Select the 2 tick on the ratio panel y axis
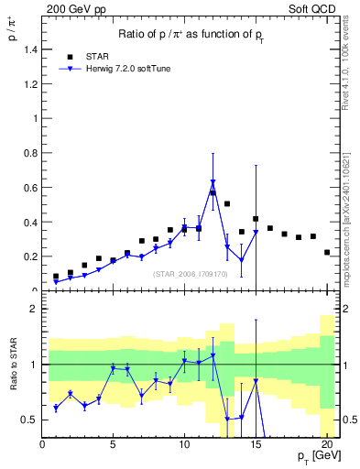click(33, 309)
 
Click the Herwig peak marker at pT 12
click(213, 182)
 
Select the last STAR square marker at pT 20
click(327, 252)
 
